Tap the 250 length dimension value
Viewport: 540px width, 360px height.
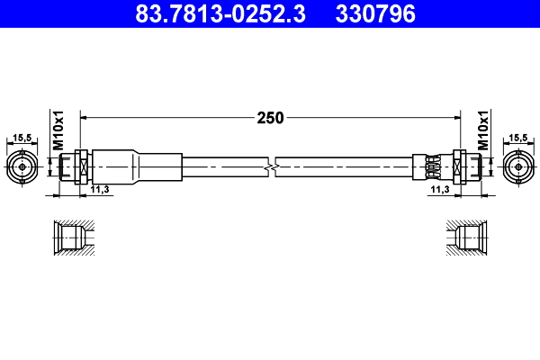270,117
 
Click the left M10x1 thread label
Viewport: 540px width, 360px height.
57,130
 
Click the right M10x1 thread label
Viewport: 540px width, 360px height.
482,130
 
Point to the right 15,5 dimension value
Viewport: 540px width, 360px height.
518,138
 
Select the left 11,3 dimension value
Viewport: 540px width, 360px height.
100,191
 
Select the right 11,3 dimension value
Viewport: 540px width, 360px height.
439,191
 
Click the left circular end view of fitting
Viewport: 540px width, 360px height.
22,166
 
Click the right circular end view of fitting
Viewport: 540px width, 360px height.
518,166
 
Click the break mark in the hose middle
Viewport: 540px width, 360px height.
271,166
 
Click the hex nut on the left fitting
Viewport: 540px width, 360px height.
80,166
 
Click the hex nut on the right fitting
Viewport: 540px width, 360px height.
460,166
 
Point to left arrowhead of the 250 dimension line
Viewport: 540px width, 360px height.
85,117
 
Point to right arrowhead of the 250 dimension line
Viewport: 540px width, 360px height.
455,117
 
